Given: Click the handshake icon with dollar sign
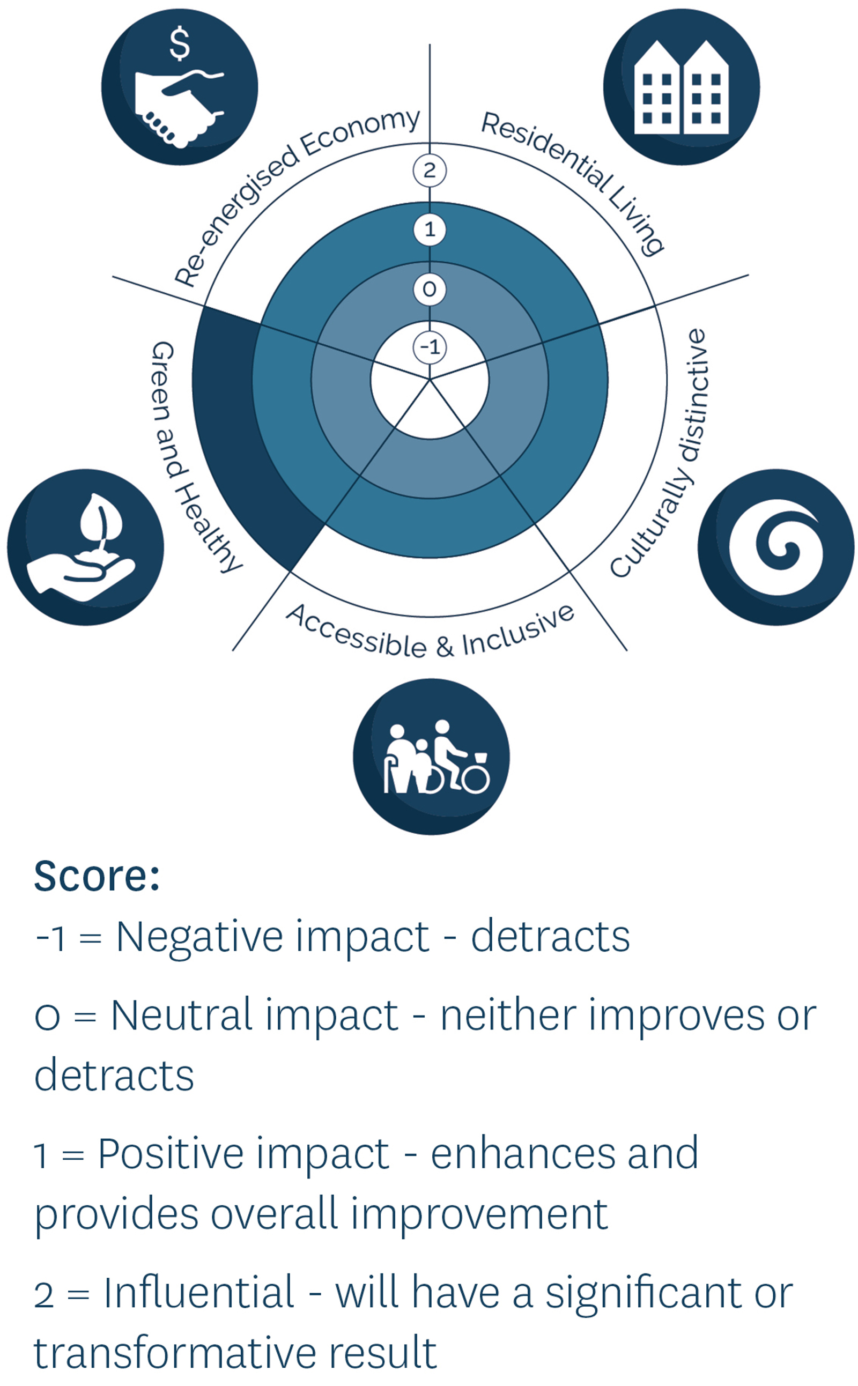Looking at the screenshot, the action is pos(180,87).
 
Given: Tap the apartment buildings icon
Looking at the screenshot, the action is pos(682,87).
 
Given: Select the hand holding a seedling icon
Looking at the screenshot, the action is pos(85,547).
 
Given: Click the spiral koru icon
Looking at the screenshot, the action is pos(776,547).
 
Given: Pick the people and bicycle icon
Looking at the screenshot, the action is pos(431,757).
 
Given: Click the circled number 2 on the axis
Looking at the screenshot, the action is pos(430,170).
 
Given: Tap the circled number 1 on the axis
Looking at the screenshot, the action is pos(430,230).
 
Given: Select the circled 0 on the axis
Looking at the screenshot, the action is pos(430,290).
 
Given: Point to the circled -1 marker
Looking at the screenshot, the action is pos(430,347).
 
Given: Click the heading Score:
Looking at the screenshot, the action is pos(97,877).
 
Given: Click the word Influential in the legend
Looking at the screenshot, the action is pos(198,1293).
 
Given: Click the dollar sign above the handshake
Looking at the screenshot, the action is pos(180,43).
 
